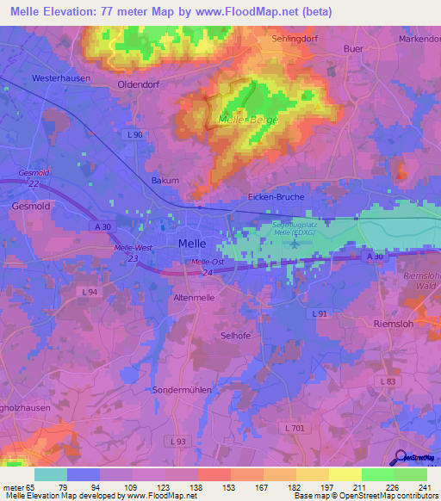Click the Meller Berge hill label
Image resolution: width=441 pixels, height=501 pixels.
(248, 120)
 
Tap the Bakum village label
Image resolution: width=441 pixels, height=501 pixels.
(165, 181)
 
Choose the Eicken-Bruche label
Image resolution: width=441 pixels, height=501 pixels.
(276, 197)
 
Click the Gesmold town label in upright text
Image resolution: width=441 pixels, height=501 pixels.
(32, 207)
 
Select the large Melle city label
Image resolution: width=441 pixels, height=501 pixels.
(190, 244)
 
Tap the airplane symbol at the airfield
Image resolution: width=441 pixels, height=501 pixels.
(296, 243)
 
